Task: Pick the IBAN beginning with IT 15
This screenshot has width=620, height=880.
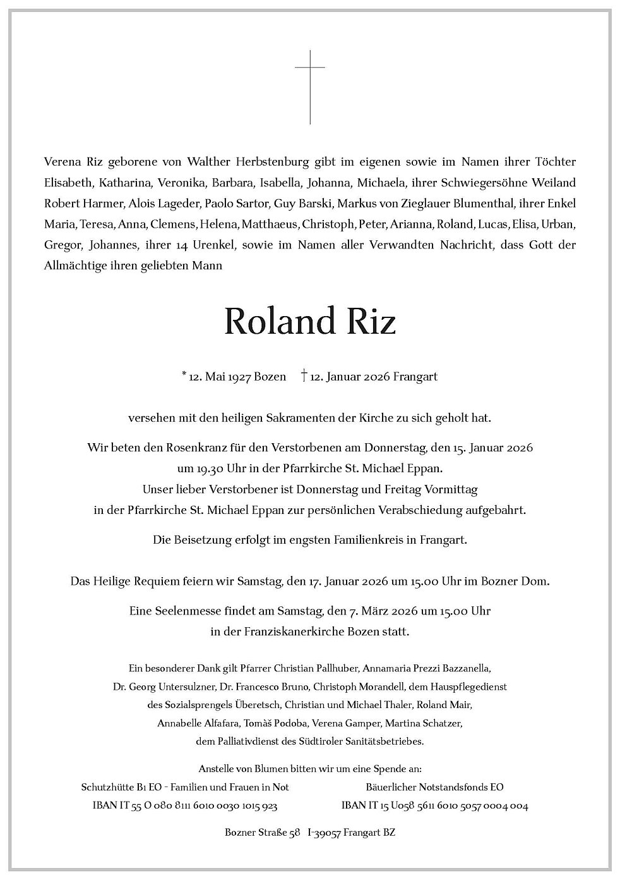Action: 435,806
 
